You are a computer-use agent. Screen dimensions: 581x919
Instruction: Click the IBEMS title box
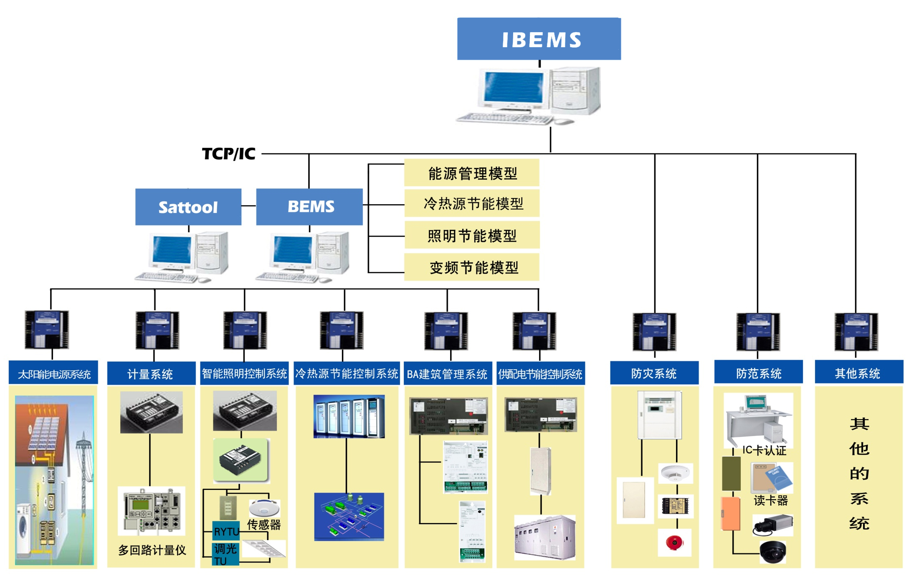539,39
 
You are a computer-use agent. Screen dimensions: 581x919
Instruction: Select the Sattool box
188,207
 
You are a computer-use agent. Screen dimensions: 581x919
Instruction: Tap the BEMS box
309,207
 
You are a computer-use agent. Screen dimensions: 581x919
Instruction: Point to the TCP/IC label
228,154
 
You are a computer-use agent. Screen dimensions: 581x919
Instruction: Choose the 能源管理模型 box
472,173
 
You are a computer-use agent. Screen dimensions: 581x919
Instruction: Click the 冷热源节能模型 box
472,203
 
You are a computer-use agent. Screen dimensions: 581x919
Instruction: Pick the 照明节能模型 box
472,236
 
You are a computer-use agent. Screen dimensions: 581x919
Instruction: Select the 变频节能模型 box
472,267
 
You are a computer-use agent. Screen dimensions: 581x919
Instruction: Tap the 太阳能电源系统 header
53,373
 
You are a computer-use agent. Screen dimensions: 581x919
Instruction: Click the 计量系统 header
151,373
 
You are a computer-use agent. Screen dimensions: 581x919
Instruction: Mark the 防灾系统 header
654,373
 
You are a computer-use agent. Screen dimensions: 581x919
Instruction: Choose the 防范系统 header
758,373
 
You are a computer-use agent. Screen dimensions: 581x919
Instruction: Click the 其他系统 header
858,373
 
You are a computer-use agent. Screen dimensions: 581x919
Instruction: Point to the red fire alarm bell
674,543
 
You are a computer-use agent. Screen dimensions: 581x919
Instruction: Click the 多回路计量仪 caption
152,550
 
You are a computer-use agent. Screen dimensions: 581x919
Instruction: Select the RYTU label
226,531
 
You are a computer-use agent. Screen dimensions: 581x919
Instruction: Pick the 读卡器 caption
771,500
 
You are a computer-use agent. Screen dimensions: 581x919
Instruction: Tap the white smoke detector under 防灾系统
675,473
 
